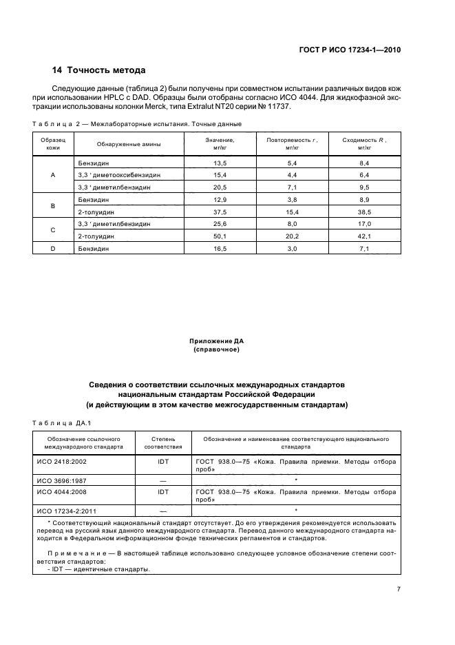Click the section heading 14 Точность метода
pos(99,70)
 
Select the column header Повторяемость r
pos(291,143)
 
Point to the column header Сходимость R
pos(364,143)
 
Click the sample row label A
pos(53,175)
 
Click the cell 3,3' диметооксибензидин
pos(119,175)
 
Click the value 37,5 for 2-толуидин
pos(220,212)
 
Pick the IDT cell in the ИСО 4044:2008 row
pos(162,492)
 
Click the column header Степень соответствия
pos(162,442)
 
